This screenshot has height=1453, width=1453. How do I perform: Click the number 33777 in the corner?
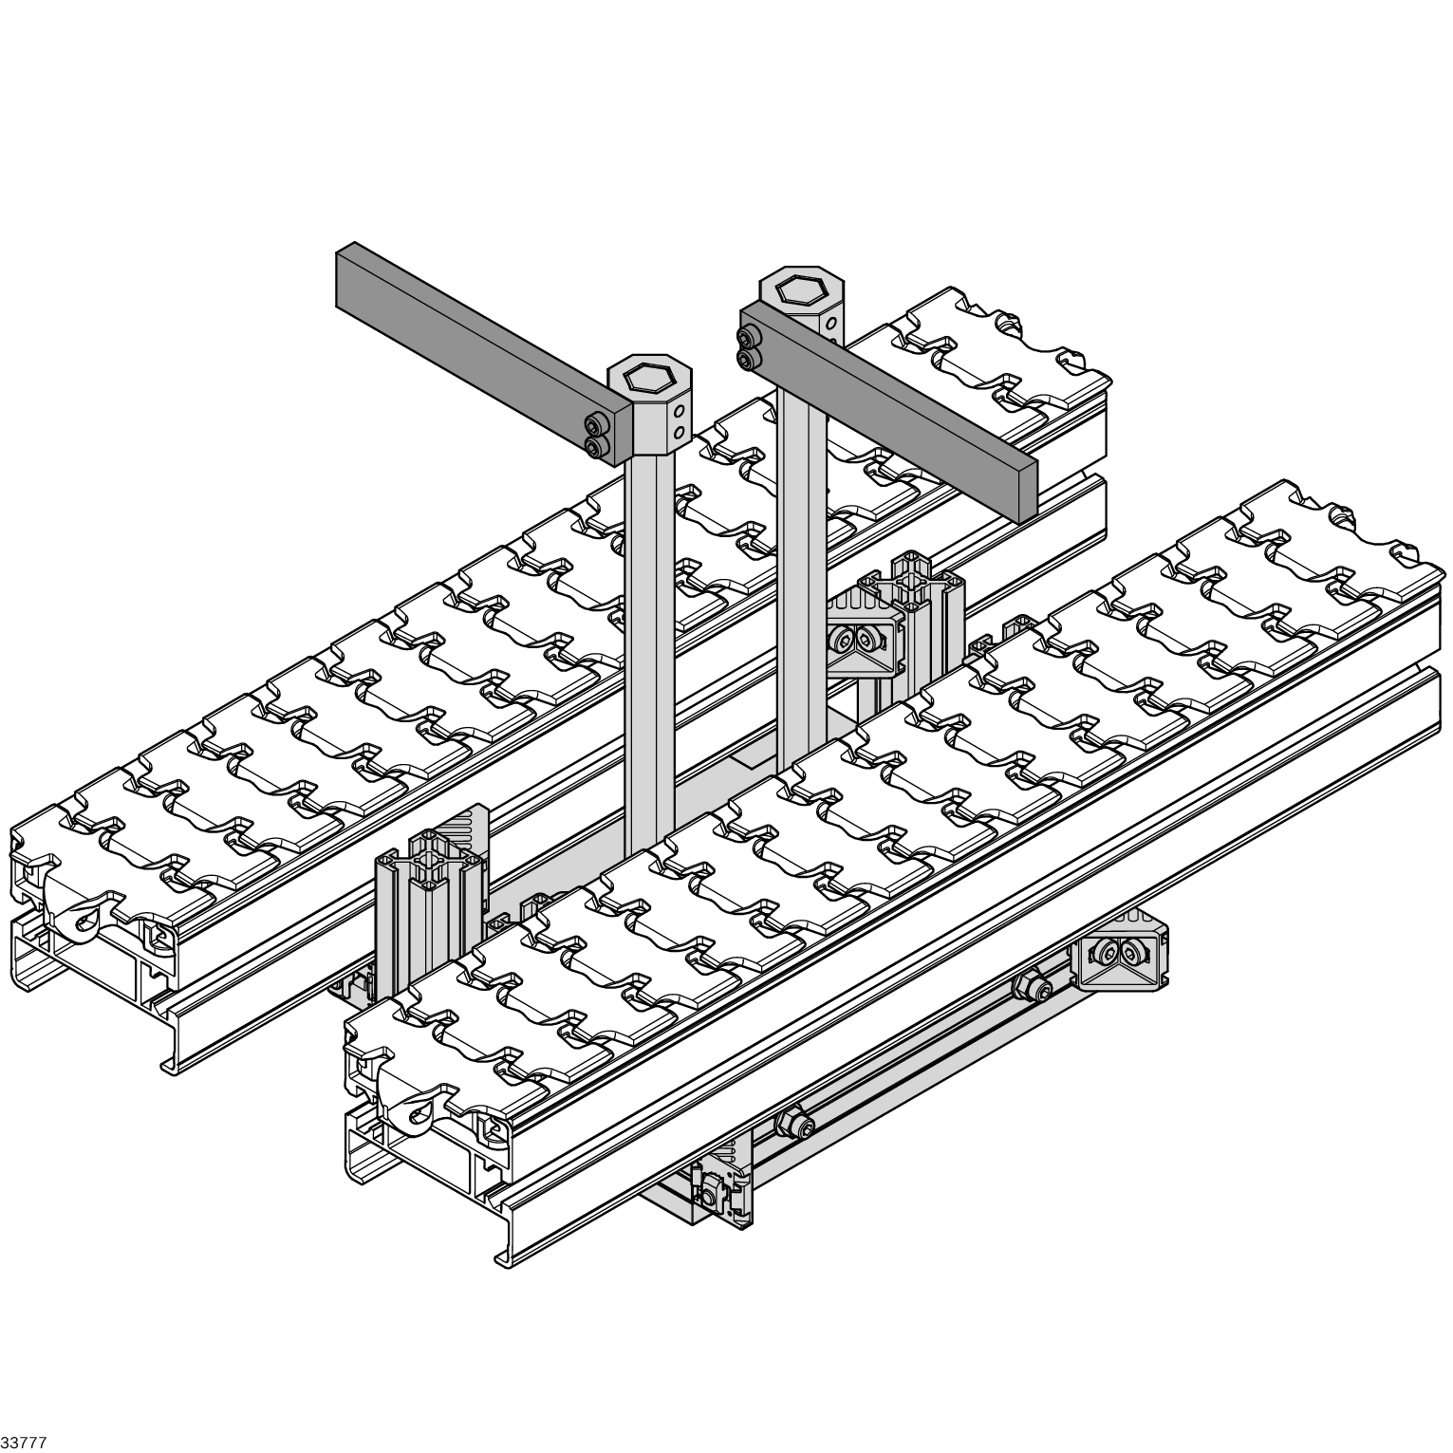(x=24, y=1443)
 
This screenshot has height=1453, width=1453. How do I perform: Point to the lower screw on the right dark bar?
(x=748, y=358)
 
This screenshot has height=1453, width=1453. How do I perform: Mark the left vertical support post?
(x=650, y=655)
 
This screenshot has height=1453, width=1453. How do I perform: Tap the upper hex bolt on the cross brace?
(x=1034, y=987)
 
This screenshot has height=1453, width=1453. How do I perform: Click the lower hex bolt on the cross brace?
(x=795, y=1125)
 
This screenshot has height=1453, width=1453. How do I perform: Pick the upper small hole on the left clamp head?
(x=678, y=411)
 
